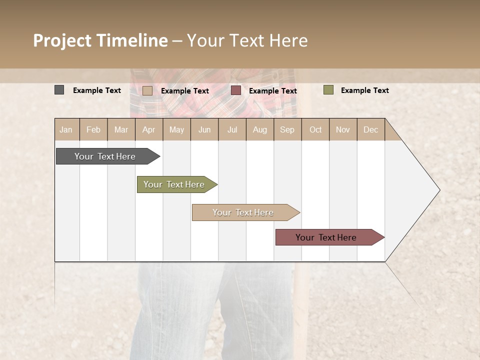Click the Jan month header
66,129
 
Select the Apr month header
148,129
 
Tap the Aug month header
259,129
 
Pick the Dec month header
370,129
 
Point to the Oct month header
315,129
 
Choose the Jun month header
204,129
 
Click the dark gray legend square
59,90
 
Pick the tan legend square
147,90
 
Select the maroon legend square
236,90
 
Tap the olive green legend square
328,90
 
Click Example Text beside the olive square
364,90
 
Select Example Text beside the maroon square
272,90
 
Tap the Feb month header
93,129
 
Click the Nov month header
343,129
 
